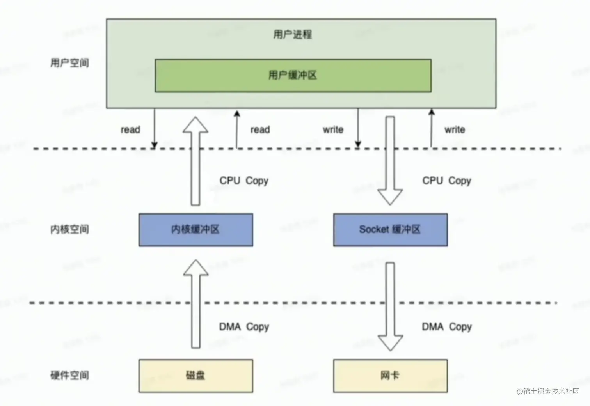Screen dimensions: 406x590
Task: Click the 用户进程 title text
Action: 292,34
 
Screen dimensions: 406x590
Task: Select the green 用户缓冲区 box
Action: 293,76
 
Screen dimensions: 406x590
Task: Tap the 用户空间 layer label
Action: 69,63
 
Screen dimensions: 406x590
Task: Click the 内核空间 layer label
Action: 69,229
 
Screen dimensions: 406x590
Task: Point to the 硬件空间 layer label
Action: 69,375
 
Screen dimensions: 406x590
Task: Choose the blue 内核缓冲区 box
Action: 195,230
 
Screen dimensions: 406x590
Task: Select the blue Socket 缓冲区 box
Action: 390,230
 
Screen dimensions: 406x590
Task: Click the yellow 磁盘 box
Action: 195,376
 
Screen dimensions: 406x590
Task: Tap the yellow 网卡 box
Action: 390,376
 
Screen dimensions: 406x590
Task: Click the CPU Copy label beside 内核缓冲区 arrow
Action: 244,181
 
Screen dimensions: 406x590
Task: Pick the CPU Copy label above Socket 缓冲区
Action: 447,181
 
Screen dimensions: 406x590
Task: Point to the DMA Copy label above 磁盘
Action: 244,327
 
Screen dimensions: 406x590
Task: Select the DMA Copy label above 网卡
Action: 447,327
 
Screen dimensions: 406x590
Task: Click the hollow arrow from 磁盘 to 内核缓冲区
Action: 195,304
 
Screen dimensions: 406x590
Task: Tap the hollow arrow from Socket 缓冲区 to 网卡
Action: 390,306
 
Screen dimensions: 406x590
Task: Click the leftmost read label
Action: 130,129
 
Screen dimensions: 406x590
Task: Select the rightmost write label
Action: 455,129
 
